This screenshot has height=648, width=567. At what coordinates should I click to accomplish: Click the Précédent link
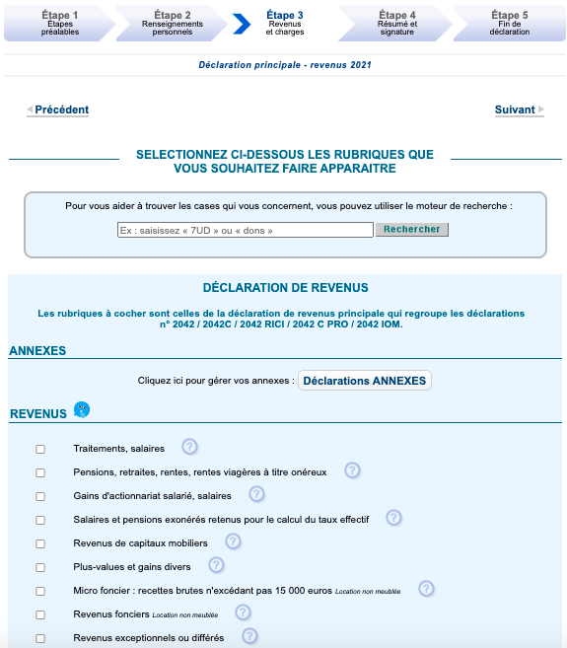click(61, 110)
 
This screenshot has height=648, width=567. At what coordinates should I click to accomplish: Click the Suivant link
click(515, 110)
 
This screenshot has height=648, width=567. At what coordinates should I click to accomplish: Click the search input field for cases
click(245, 230)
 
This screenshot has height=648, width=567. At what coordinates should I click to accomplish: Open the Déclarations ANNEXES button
click(365, 381)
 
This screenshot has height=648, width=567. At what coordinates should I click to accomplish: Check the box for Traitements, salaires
click(40, 450)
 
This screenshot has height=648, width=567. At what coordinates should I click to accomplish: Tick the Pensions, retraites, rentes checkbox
click(40, 473)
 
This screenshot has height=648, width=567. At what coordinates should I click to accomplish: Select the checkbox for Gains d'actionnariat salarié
click(40, 496)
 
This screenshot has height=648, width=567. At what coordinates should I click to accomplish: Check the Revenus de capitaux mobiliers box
click(40, 543)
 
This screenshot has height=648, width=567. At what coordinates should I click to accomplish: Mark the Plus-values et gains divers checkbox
click(40, 567)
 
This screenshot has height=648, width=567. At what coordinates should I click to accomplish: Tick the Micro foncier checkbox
click(40, 592)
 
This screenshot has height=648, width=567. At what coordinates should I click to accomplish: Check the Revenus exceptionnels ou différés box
click(40, 638)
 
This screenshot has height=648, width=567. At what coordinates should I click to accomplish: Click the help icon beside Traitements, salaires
click(189, 447)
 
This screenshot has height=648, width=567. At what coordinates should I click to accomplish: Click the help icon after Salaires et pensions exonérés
click(393, 517)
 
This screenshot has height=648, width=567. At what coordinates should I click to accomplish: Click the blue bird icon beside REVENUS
click(82, 409)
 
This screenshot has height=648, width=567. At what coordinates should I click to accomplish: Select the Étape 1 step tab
click(60, 22)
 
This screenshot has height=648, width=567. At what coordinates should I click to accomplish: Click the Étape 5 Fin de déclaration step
click(509, 22)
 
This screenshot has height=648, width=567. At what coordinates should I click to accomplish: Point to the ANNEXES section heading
click(37, 350)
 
